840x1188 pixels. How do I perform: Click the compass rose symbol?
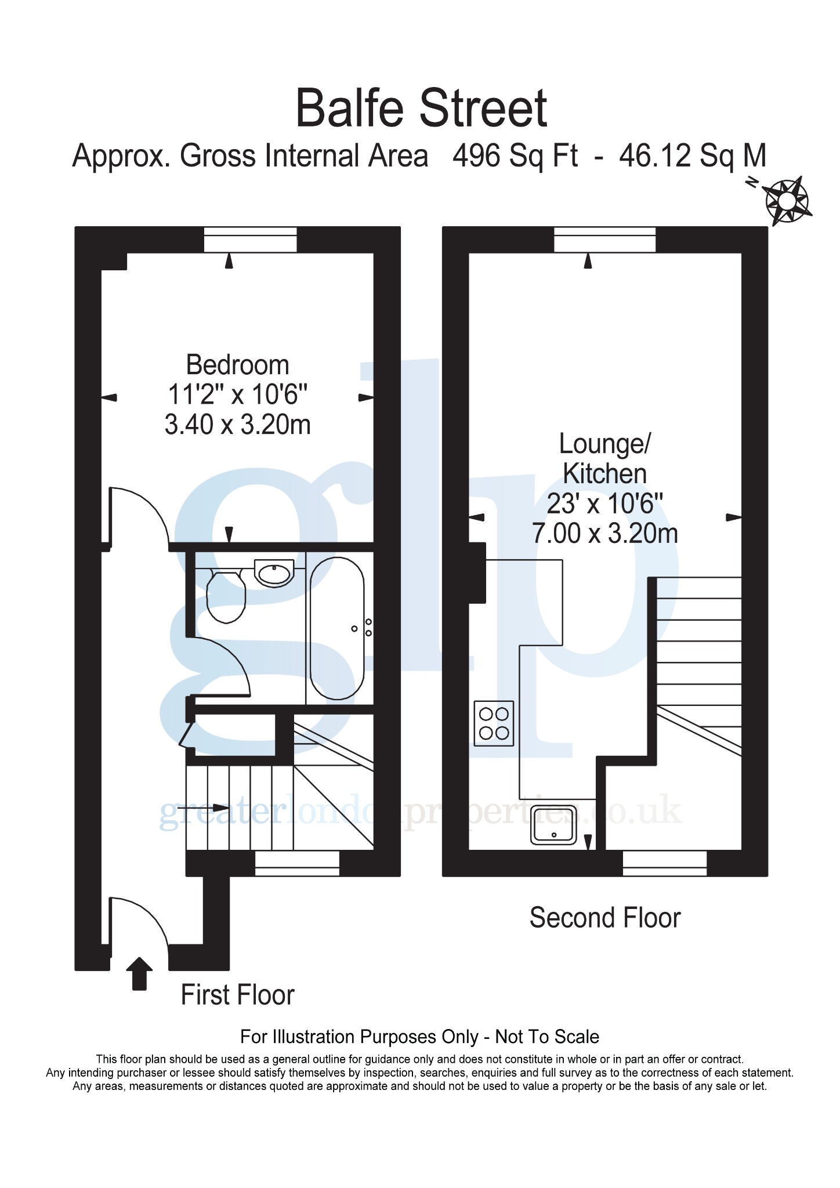pyautogui.click(x=787, y=201)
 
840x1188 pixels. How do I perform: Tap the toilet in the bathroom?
pyautogui.click(x=226, y=596)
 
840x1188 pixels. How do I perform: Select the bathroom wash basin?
pyautogui.click(x=274, y=574)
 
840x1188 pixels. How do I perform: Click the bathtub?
pyautogui.click(x=337, y=628)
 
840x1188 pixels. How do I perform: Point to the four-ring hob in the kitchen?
pyautogui.click(x=494, y=723)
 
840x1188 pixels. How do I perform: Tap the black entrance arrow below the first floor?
pyautogui.click(x=139, y=973)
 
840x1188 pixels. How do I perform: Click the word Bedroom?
pyautogui.click(x=238, y=365)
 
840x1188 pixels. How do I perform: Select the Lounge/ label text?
pyautogui.click(x=605, y=444)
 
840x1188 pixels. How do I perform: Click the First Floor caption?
pyautogui.click(x=238, y=995)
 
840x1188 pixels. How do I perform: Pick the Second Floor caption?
pyautogui.click(x=605, y=918)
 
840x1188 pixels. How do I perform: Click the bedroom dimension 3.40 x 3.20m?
pyautogui.click(x=238, y=425)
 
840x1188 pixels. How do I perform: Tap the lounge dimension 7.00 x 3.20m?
pyautogui.click(x=605, y=533)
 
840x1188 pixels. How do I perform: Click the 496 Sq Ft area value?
pyautogui.click(x=515, y=156)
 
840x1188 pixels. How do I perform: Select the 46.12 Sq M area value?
pyautogui.click(x=693, y=156)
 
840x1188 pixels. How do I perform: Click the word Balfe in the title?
pyautogui.click(x=352, y=108)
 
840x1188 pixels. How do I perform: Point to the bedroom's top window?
pyautogui.click(x=251, y=240)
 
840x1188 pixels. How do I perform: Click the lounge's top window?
pyautogui.click(x=605, y=240)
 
